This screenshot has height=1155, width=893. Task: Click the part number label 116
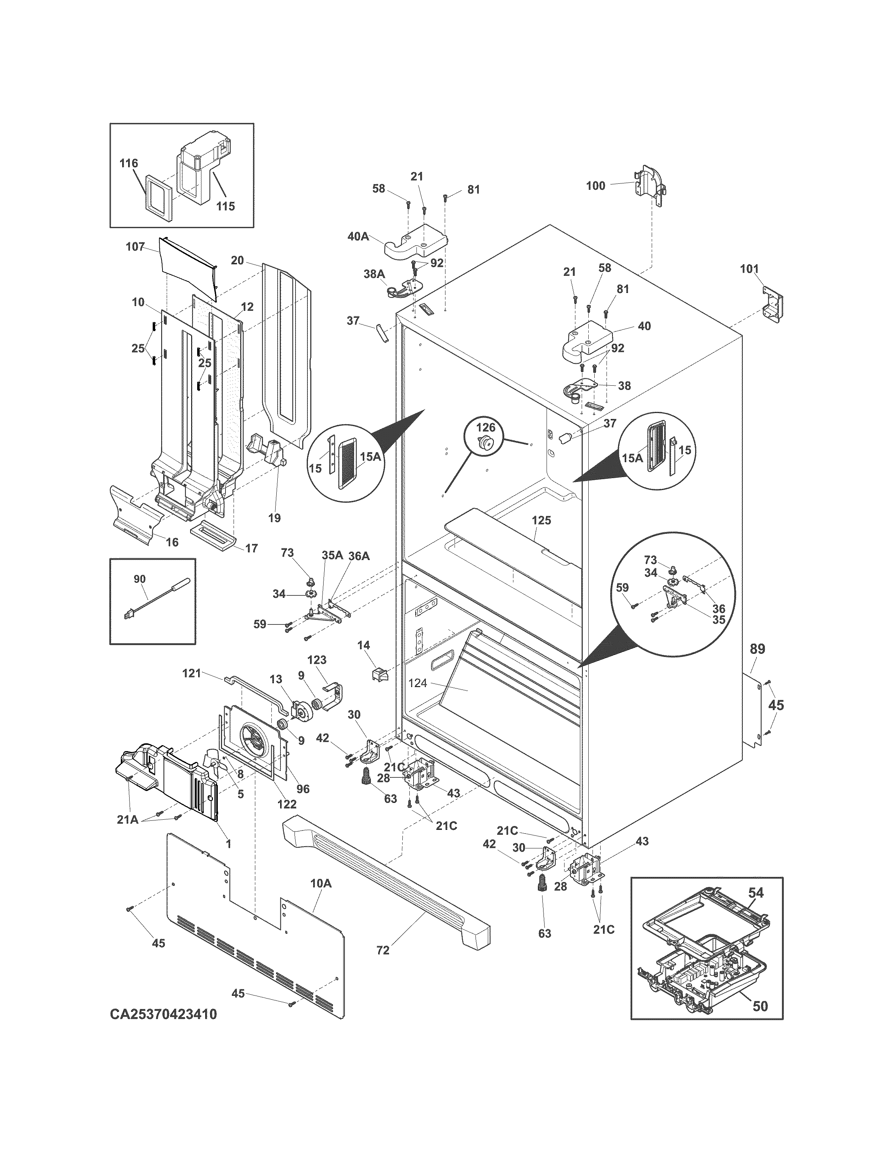pyautogui.click(x=129, y=163)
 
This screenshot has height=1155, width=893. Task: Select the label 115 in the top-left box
pyautogui.click(x=226, y=206)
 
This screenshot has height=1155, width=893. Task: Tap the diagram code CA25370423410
pyautogui.click(x=164, y=1014)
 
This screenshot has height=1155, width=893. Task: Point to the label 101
pyautogui.click(x=749, y=269)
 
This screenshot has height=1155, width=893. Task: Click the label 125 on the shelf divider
pyautogui.click(x=541, y=520)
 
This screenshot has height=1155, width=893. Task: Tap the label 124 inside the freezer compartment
pyautogui.click(x=417, y=683)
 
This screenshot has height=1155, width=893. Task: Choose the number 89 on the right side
pyautogui.click(x=757, y=649)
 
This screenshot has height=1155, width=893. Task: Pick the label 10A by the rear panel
pyautogui.click(x=320, y=883)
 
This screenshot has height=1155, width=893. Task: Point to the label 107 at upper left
pyautogui.click(x=136, y=246)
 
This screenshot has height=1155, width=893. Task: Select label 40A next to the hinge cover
pyautogui.click(x=358, y=236)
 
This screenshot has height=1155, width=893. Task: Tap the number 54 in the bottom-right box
pyautogui.click(x=756, y=893)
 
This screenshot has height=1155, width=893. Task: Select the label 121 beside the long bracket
pyautogui.click(x=192, y=673)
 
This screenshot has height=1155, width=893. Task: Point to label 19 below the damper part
pyautogui.click(x=274, y=518)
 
